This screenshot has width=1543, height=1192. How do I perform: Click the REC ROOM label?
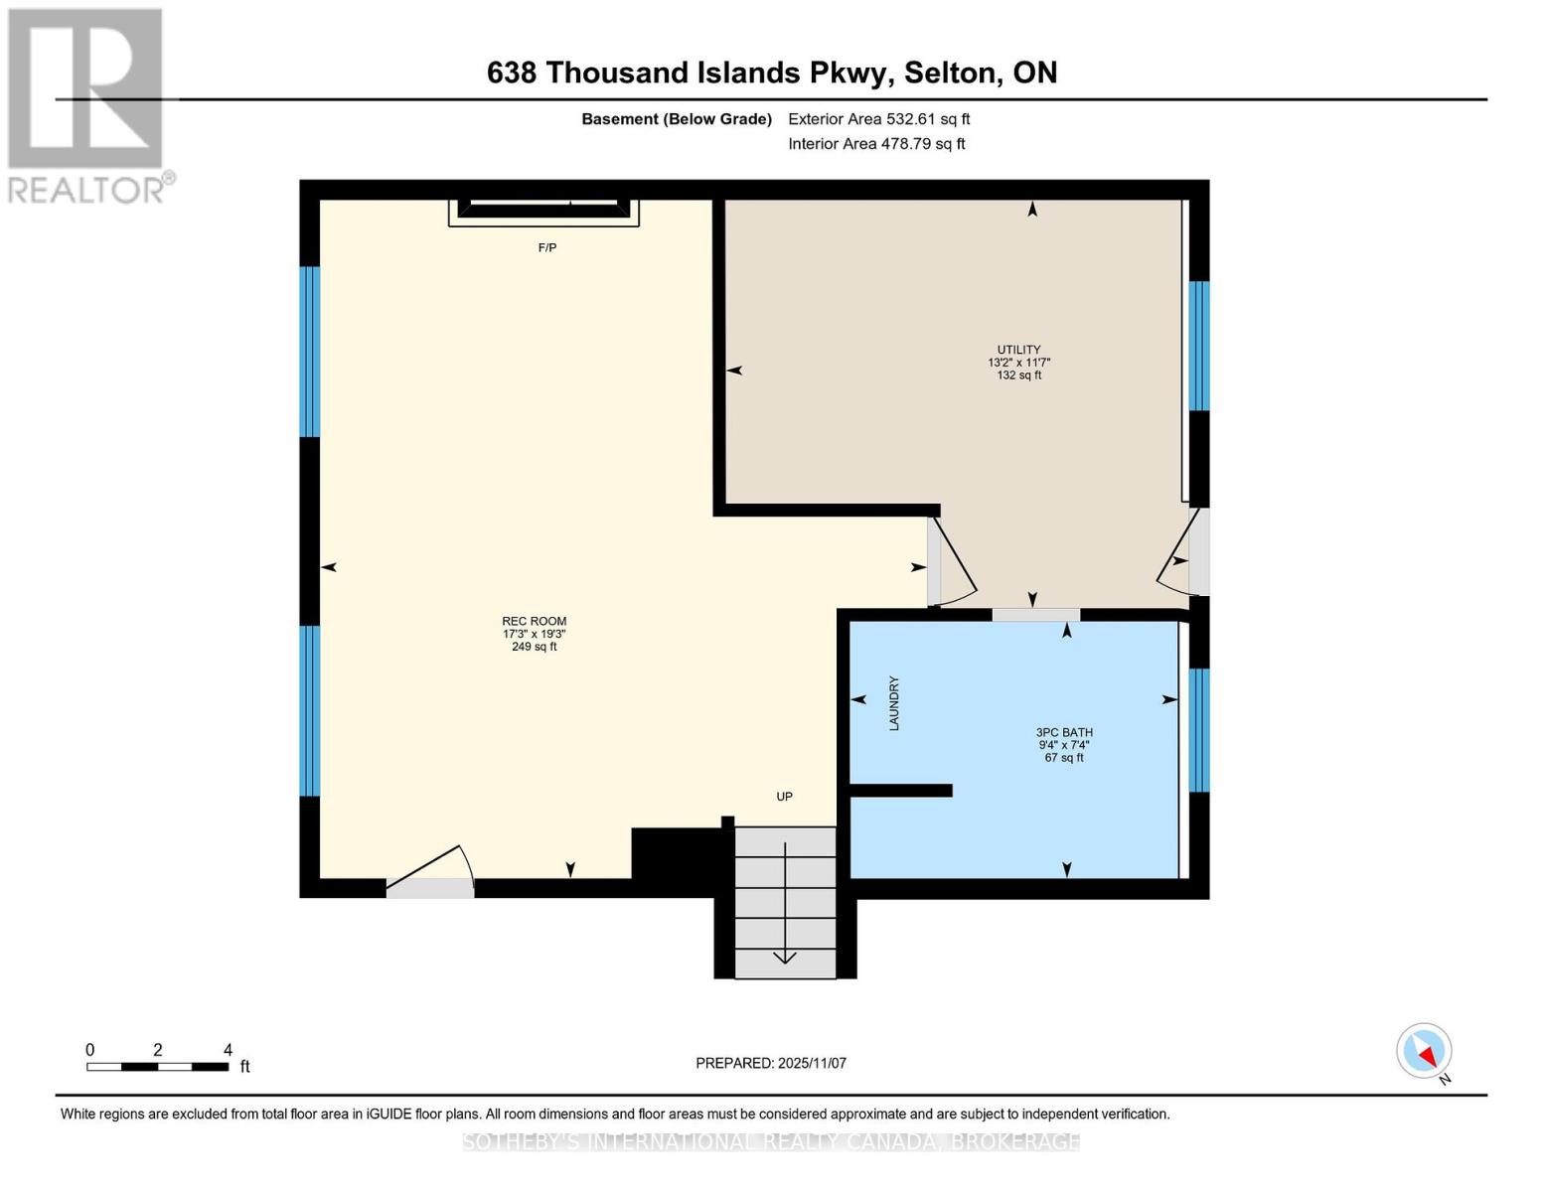pos(534,621)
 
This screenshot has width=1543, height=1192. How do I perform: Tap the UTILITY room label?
pos(1019,350)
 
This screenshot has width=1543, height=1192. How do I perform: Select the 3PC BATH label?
pos(1064,732)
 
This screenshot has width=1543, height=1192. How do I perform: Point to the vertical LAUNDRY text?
pos(894,703)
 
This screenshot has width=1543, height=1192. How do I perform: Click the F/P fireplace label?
pos(546,247)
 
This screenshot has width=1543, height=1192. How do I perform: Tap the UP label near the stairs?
pos(784,796)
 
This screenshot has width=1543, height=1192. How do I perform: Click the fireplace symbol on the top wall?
pos(543,213)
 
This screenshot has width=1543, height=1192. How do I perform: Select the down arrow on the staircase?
pos(785,903)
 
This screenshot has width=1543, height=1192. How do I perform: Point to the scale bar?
pos(158,1066)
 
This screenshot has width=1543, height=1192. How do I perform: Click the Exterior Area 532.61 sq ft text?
pos(879,119)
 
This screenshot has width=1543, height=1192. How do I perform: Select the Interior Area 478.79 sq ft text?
pos(876,143)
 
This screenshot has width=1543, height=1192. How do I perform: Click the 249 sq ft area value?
pos(534,647)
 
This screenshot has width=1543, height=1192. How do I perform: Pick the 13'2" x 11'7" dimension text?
pos(1019,363)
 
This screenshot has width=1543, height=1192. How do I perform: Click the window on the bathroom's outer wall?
pos(1198,730)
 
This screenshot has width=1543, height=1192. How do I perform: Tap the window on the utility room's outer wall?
pos(1198,346)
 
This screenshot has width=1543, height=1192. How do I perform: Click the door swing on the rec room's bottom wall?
pos(430,872)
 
